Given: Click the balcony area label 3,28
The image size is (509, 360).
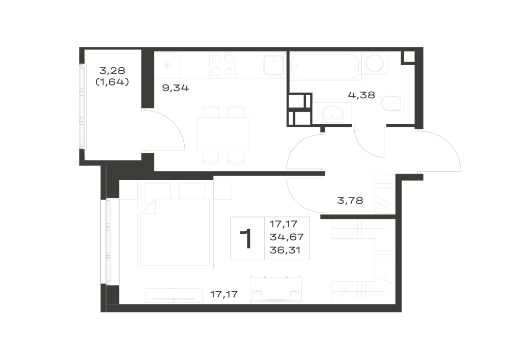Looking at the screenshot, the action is point(112,70).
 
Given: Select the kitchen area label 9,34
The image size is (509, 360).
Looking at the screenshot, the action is point(175,88).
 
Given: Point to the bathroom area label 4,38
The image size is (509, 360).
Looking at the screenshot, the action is point(361,95).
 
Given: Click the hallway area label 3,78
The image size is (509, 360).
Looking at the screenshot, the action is point(350,201).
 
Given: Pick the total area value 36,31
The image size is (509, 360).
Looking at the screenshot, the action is point(285,251).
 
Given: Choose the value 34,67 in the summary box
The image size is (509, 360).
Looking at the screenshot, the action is point(287,237).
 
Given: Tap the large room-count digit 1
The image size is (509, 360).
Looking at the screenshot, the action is point(246,239).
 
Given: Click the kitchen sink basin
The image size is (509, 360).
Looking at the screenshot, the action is point(274,65).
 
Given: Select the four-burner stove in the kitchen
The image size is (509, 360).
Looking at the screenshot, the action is point(222,65).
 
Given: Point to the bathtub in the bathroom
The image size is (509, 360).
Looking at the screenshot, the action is point(325,66).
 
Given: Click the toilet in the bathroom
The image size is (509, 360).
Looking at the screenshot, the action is point(393,103).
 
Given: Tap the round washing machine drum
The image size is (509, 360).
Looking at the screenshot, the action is point(374,63).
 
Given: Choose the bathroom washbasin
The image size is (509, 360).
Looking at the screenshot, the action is point(331,113).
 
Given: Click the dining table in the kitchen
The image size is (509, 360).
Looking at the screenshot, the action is point(223,135).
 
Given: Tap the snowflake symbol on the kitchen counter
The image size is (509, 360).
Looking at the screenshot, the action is point(167,65).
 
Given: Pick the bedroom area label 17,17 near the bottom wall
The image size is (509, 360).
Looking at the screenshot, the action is point(224,294).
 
